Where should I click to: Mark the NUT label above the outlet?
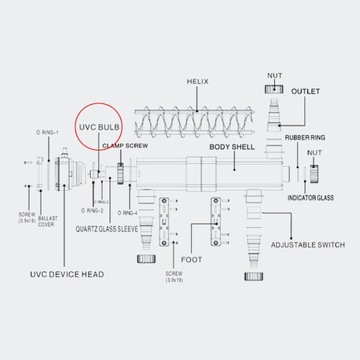pos(275,74)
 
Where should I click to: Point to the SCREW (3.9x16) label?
pos(23,217)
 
